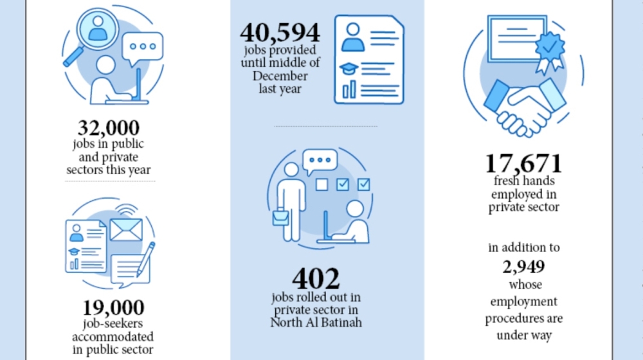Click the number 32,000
point(109,128)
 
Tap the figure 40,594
point(280,33)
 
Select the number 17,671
point(523,163)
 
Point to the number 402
point(316,278)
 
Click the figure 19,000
point(113,307)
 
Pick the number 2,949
point(523,267)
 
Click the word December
point(280,76)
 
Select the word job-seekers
point(113,324)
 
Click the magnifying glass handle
point(73,57)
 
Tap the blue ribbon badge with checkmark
point(550,53)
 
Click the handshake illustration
point(525,107)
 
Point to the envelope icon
point(126,230)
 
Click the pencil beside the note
point(145,258)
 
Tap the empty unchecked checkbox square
point(322,184)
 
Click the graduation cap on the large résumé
point(349,69)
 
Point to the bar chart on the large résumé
point(349,90)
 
